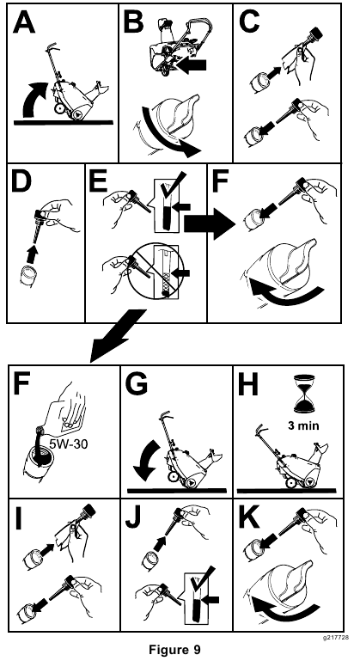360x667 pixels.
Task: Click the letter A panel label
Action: click(x=23, y=22)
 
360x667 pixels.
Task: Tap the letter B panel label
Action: click(x=133, y=22)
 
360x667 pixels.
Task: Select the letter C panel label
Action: click(x=249, y=22)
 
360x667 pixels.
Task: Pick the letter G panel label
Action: click(x=136, y=383)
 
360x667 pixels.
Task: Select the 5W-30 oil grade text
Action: click(x=70, y=444)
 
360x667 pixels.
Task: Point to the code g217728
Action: click(x=336, y=637)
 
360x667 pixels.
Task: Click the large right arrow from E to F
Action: click(x=210, y=223)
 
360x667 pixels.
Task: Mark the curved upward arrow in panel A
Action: click(x=35, y=96)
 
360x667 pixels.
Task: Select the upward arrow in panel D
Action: click(x=32, y=254)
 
